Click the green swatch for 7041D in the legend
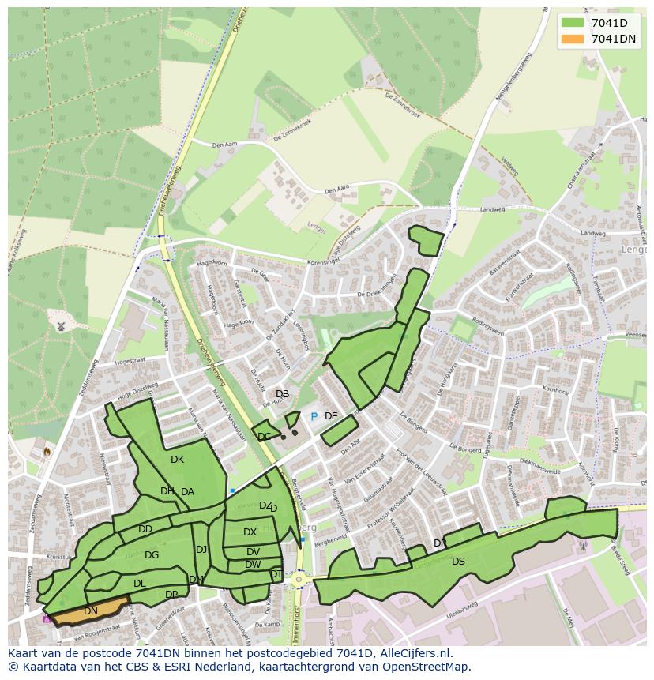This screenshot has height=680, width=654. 573,24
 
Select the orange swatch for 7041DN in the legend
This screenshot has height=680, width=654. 573,39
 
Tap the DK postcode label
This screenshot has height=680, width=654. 177,459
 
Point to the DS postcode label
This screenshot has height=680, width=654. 458,562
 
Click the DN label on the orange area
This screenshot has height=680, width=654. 91,610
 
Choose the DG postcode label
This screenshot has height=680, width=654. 152,555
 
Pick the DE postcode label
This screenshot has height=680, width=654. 331,416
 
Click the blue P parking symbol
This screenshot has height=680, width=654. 314,416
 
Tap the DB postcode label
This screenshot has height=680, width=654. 282,394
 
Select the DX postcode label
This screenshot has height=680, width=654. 250,532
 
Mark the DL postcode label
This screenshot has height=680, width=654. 139,584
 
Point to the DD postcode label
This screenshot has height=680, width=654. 145,529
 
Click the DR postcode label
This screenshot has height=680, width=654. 440,543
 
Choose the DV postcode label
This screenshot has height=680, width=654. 253,552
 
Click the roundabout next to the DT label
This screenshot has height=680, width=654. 299,579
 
